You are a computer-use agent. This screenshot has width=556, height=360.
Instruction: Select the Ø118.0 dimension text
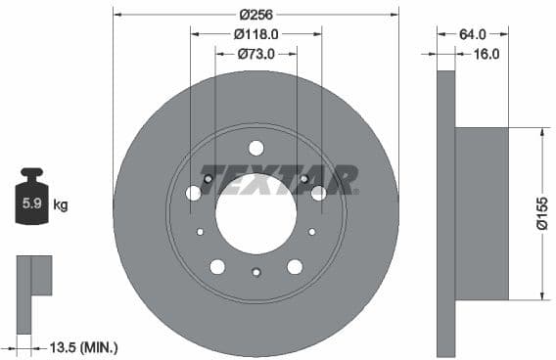(x=255, y=33)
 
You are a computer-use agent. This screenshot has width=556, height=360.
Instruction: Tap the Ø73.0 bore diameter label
(x=255, y=54)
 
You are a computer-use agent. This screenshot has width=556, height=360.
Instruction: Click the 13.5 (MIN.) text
(x=84, y=346)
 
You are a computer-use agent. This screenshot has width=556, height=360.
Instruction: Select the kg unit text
(x=61, y=205)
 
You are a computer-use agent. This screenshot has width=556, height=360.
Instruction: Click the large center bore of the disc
(x=255, y=213)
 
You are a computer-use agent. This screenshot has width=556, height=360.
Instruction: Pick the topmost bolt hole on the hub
(x=255, y=148)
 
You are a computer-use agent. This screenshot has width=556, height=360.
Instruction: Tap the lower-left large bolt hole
(x=217, y=266)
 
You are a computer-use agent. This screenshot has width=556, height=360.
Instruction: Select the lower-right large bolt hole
(x=294, y=266)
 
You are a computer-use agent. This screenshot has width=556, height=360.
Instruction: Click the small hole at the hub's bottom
(x=255, y=272)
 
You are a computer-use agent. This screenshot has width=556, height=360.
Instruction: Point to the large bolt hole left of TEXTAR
(x=194, y=193)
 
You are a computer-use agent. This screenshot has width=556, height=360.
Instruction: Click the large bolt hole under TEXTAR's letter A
(x=318, y=193)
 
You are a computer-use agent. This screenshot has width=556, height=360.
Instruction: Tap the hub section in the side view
(x=482, y=213)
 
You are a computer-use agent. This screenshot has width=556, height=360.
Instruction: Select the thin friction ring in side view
(x=445, y=213)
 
